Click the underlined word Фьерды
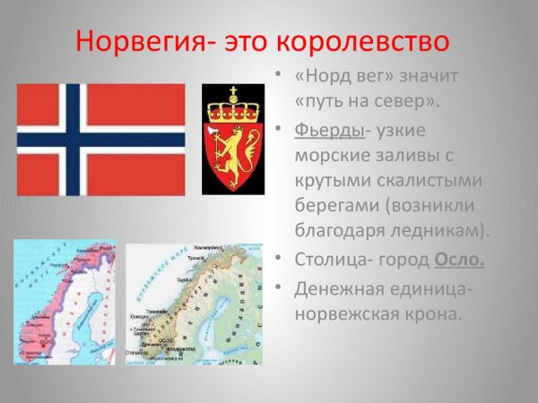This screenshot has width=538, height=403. point(329,131)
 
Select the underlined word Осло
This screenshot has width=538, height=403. point(459,260)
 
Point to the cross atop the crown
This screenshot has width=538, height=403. point(232,92)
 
